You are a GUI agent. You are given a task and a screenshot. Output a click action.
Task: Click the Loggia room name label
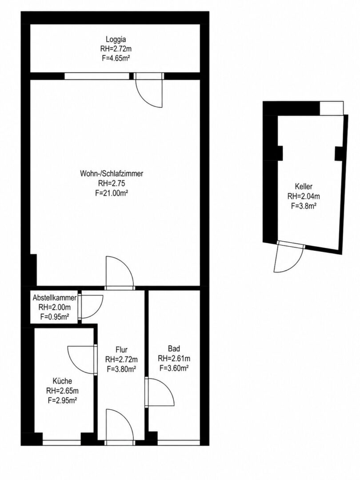point(116,40)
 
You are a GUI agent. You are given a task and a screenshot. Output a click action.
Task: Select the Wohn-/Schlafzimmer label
point(112,174)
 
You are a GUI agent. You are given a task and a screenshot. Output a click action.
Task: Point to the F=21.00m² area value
point(112,193)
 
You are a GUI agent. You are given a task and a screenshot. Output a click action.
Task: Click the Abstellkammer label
point(55,298)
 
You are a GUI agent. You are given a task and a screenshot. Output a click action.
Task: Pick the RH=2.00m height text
point(55,308)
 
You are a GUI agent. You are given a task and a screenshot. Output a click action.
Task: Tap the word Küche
point(63,381)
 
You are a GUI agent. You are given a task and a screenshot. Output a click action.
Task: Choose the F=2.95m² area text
point(63,400)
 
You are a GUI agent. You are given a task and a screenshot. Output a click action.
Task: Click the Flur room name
point(121,350)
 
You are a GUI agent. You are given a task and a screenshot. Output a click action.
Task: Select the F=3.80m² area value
point(121,369)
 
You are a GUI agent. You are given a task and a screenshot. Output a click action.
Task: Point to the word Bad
point(174,348)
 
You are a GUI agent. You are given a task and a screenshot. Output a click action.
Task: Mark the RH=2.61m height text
point(174,358)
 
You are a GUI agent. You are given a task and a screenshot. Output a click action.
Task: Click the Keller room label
point(304,186)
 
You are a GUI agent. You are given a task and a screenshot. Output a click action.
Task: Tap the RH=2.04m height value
point(304,196)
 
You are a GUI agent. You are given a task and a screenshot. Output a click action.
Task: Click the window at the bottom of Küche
point(61,443)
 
